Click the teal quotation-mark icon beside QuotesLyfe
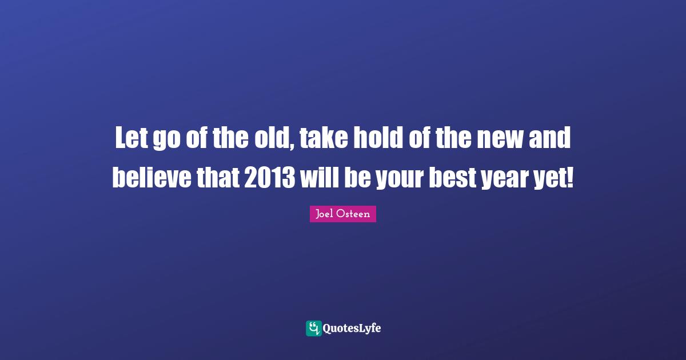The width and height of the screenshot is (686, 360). tap(313, 328)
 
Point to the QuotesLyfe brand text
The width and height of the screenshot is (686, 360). tap(352, 328)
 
